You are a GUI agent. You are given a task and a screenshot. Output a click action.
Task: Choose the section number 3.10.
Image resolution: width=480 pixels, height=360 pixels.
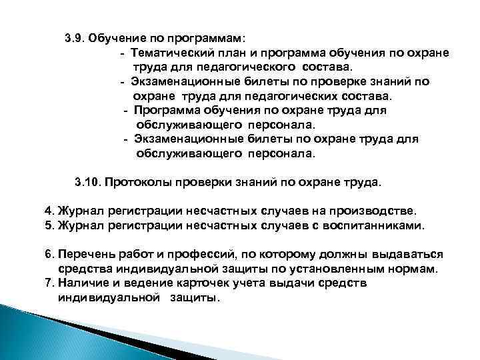point(87,181)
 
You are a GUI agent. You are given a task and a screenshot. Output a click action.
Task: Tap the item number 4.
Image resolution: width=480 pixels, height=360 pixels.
point(49,211)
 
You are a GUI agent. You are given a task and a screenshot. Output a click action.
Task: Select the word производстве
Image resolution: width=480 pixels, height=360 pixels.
point(373,211)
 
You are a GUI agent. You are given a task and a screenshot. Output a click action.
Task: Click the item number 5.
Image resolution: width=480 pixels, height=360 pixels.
point(49,225)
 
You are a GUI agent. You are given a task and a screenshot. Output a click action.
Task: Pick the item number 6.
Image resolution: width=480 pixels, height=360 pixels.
point(49,255)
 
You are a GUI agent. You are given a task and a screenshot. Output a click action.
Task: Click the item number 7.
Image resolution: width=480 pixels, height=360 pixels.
point(49,283)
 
